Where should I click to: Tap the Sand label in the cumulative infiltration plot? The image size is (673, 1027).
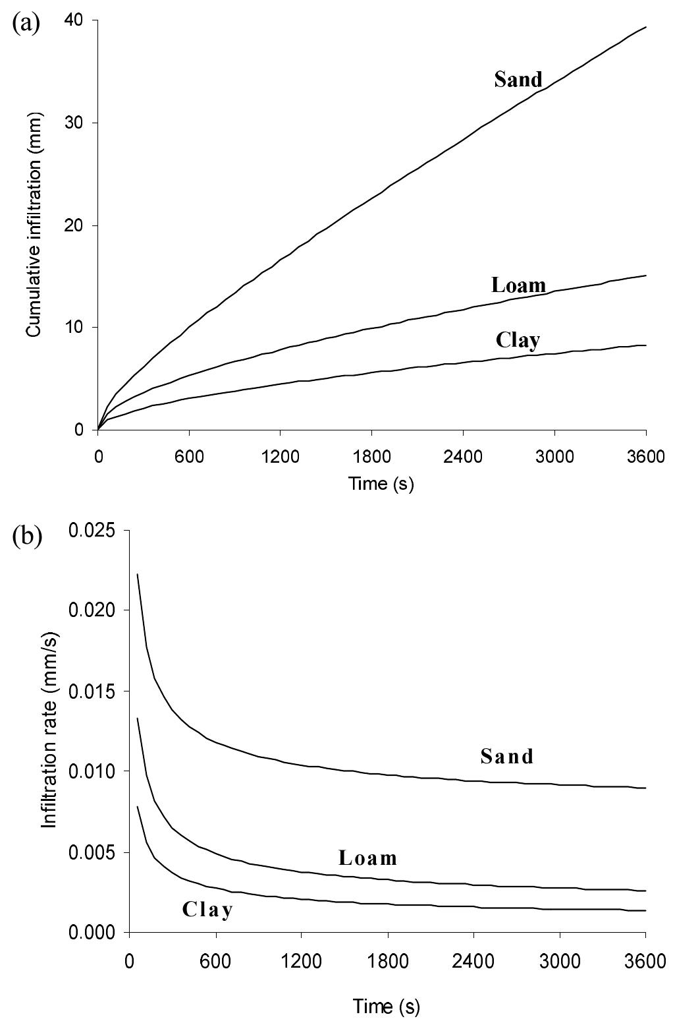point(518,80)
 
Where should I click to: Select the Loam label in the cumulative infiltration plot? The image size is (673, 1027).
point(518,285)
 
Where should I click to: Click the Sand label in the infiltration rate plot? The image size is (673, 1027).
point(506,755)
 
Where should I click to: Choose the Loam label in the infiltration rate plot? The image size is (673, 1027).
point(368,858)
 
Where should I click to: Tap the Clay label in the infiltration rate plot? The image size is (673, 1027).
point(207,910)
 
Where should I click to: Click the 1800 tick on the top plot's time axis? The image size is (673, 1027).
point(371,456)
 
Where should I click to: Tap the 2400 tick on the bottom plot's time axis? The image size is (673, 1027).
point(473,960)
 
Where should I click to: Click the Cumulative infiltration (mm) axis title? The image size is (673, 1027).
point(34,225)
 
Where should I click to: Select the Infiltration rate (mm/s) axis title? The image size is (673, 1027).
point(49,731)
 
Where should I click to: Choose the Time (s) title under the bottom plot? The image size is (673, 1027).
point(386,1007)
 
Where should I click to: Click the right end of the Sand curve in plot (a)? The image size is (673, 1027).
point(645,27)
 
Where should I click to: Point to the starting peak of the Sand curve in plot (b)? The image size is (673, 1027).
point(138,574)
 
